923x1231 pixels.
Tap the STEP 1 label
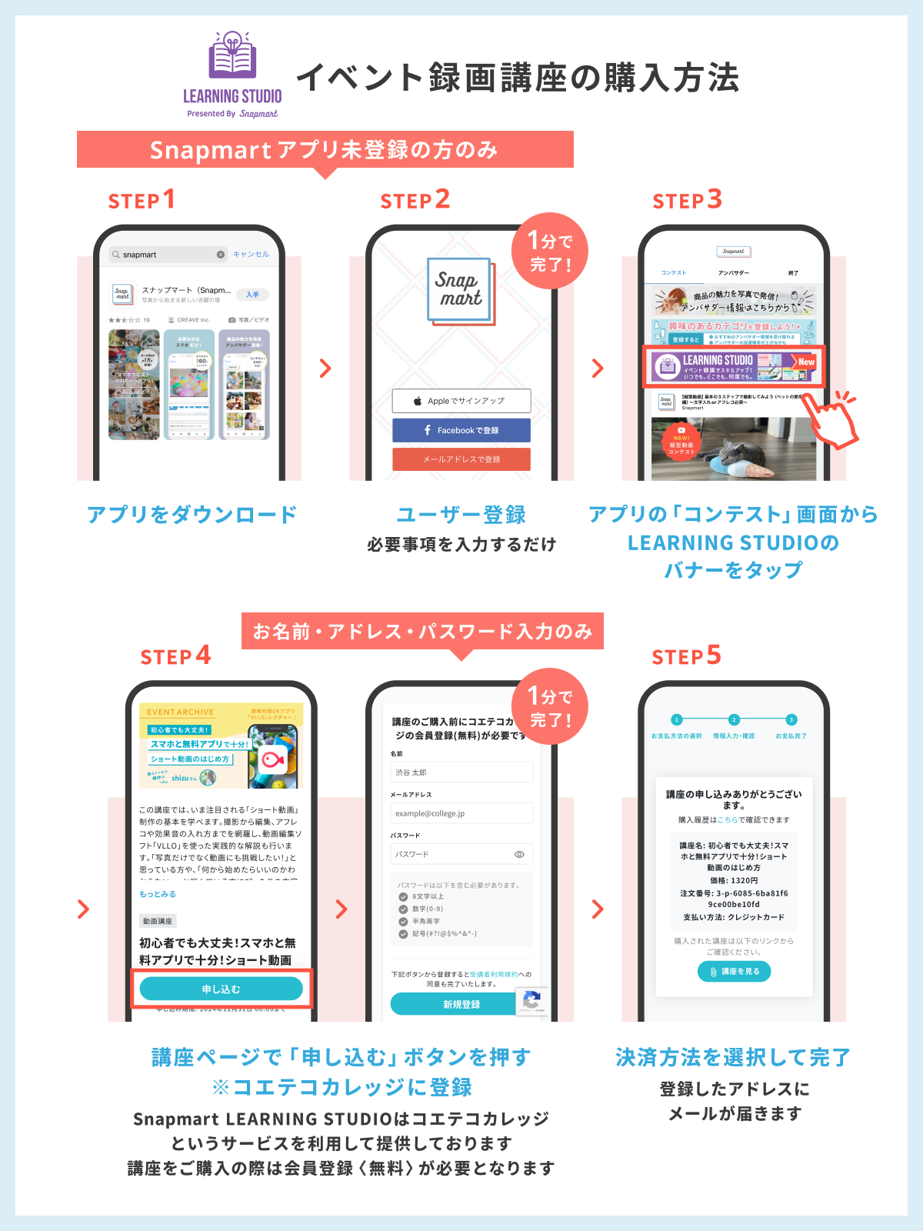142,200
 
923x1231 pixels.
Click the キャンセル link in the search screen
251,254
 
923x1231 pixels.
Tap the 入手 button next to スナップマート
252,295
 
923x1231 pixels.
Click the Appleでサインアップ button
461,401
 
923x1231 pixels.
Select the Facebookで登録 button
461,430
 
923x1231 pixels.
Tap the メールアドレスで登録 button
461,459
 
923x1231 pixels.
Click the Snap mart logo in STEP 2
461,290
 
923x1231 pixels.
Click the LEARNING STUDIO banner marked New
733,366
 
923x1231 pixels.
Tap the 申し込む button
222,989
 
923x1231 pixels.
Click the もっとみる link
158,894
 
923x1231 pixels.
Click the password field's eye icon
519,854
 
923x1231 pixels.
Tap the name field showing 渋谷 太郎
461,772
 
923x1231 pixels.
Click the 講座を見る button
734,972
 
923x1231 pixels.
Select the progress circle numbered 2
734,719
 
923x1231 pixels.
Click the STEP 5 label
686,656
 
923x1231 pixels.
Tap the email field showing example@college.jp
461,813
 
